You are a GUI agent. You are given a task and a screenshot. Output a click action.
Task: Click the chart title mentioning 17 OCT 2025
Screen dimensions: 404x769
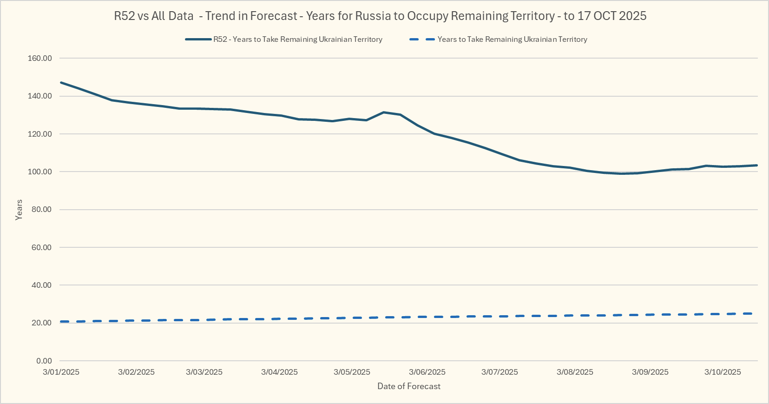[x=380, y=16]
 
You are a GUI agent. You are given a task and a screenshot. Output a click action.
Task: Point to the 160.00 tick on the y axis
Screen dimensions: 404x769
[x=40, y=58]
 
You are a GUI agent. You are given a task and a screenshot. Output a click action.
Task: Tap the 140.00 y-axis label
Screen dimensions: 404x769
[x=40, y=96]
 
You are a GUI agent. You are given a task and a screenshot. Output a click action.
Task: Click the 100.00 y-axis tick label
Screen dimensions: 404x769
[x=40, y=172]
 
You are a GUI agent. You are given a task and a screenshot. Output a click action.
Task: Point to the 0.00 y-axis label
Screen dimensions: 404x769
[x=44, y=361]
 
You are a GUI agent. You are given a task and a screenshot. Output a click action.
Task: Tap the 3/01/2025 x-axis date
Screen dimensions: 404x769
[x=61, y=372]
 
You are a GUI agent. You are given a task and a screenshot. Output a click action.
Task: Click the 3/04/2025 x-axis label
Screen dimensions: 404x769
[x=279, y=372]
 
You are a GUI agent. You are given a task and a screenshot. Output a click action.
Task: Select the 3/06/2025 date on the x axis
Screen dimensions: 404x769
[x=427, y=372]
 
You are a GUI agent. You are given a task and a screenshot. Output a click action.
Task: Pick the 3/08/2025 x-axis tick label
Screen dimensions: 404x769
[x=575, y=372]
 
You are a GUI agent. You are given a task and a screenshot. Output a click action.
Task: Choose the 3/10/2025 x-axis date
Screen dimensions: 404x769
[x=723, y=372]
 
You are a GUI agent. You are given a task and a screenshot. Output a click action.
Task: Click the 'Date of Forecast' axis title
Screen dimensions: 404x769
[x=409, y=386]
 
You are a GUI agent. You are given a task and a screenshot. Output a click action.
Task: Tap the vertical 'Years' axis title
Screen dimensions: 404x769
[x=19, y=210]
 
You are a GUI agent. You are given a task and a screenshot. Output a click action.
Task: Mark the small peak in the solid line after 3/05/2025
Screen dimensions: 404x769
[x=384, y=112]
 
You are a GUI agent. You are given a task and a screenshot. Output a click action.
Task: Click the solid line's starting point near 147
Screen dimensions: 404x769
[x=61, y=82]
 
